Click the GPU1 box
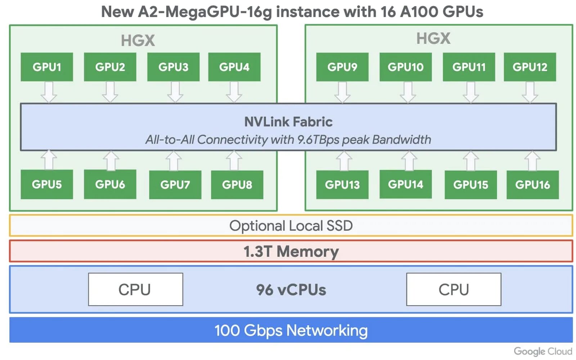[47, 67]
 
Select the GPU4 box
[234, 67]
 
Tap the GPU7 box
[175, 185]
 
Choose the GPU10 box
[405, 67]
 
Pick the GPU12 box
[530, 67]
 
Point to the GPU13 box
[342, 185]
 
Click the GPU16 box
[532, 185]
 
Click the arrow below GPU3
[175, 92]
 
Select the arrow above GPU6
[111, 161]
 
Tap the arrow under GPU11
[471, 92]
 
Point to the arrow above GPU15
[471, 161]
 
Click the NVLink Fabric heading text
[288, 122]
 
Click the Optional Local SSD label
[291, 226]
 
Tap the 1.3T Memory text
[291, 251]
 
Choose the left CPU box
[135, 289]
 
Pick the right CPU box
[454, 289]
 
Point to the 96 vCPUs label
[291, 290]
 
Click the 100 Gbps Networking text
[291, 330]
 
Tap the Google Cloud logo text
[543, 351]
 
